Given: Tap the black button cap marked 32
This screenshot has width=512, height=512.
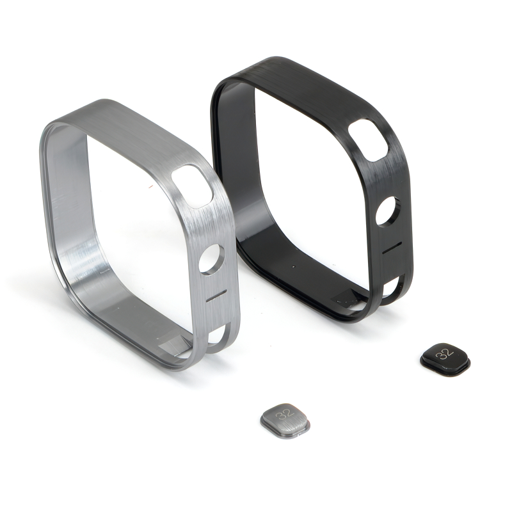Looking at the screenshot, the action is pos(445,359).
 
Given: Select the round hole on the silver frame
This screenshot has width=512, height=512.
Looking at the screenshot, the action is pos(211,259).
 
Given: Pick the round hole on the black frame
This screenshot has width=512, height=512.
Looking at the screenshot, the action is pos(388,211).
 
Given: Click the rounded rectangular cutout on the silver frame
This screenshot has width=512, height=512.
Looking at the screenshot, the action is pos(193,186).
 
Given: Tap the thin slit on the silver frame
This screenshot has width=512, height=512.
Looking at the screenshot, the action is pos(217,295).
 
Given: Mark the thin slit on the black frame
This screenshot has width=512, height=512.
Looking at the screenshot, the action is pos(392,248).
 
